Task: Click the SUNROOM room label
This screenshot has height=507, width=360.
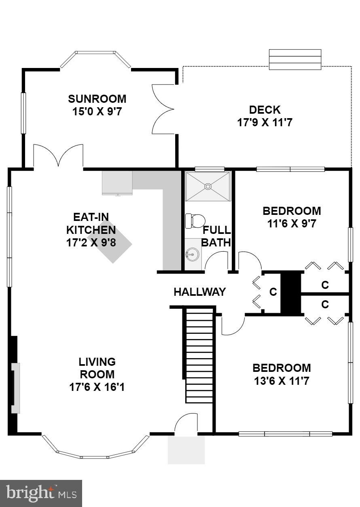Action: pyautogui.click(x=97, y=99)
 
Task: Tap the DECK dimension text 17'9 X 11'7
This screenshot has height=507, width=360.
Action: pyautogui.click(x=265, y=122)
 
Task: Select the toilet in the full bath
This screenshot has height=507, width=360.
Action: pyautogui.click(x=195, y=221)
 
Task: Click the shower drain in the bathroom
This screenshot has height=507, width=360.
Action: pyautogui.click(x=208, y=186)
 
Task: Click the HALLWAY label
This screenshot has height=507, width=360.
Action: pyautogui.click(x=199, y=292)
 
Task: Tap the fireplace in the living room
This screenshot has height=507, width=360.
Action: pyautogui.click(x=15, y=388)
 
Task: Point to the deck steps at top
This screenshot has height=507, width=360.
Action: pyautogui.click(x=295, y=59)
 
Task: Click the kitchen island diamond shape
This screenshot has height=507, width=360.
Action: pyautogui.click(x=110, y=242)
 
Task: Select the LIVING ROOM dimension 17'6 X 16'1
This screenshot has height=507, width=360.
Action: pyautogui.click(x=97, y=387)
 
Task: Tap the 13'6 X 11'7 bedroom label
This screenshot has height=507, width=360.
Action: pyautogui.click(x=282, y=381)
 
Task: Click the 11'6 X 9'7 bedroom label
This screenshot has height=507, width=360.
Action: pyautogui.click(x=292, y=223)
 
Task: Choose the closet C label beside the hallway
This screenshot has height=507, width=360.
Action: pyautogui.click(x=273, y=292)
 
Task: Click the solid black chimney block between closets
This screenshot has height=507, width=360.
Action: pyautogui.click(x=291, y=293)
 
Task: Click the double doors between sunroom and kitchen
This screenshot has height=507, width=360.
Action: pyautogui.click(x=58, y=156)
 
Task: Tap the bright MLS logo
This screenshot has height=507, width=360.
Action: pyautogui.click(x=41, y=493)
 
